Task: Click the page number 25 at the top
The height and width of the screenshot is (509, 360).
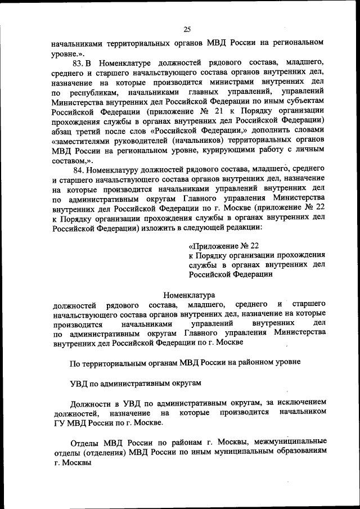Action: coord(187,30)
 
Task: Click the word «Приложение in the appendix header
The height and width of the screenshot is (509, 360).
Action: coord(217,246)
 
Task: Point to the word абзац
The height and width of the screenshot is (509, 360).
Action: coord(65,133)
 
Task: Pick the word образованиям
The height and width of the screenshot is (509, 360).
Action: coord(298,452)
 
